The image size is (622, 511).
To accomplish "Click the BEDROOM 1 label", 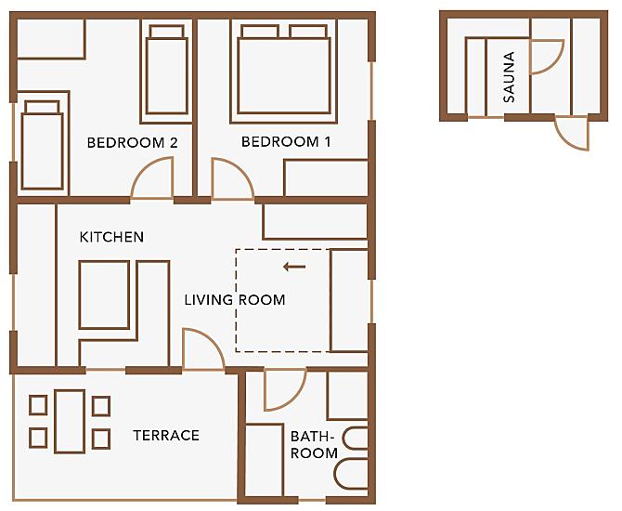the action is point(286,142).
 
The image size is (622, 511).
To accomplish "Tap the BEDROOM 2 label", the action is point(132,142).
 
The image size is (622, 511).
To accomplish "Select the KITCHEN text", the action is point(111,237).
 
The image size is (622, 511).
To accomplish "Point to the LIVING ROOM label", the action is point(235,300).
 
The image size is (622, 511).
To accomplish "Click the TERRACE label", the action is point(166,436).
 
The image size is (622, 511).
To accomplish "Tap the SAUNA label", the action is point(509,77).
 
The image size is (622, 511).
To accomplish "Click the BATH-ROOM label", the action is point(314,445).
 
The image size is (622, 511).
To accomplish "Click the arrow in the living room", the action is point(294,267).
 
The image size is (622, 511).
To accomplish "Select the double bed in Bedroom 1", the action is point(284,70).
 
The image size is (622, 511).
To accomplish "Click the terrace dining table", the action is point(70,421).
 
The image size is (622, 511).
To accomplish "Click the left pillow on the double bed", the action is point(260,31).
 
